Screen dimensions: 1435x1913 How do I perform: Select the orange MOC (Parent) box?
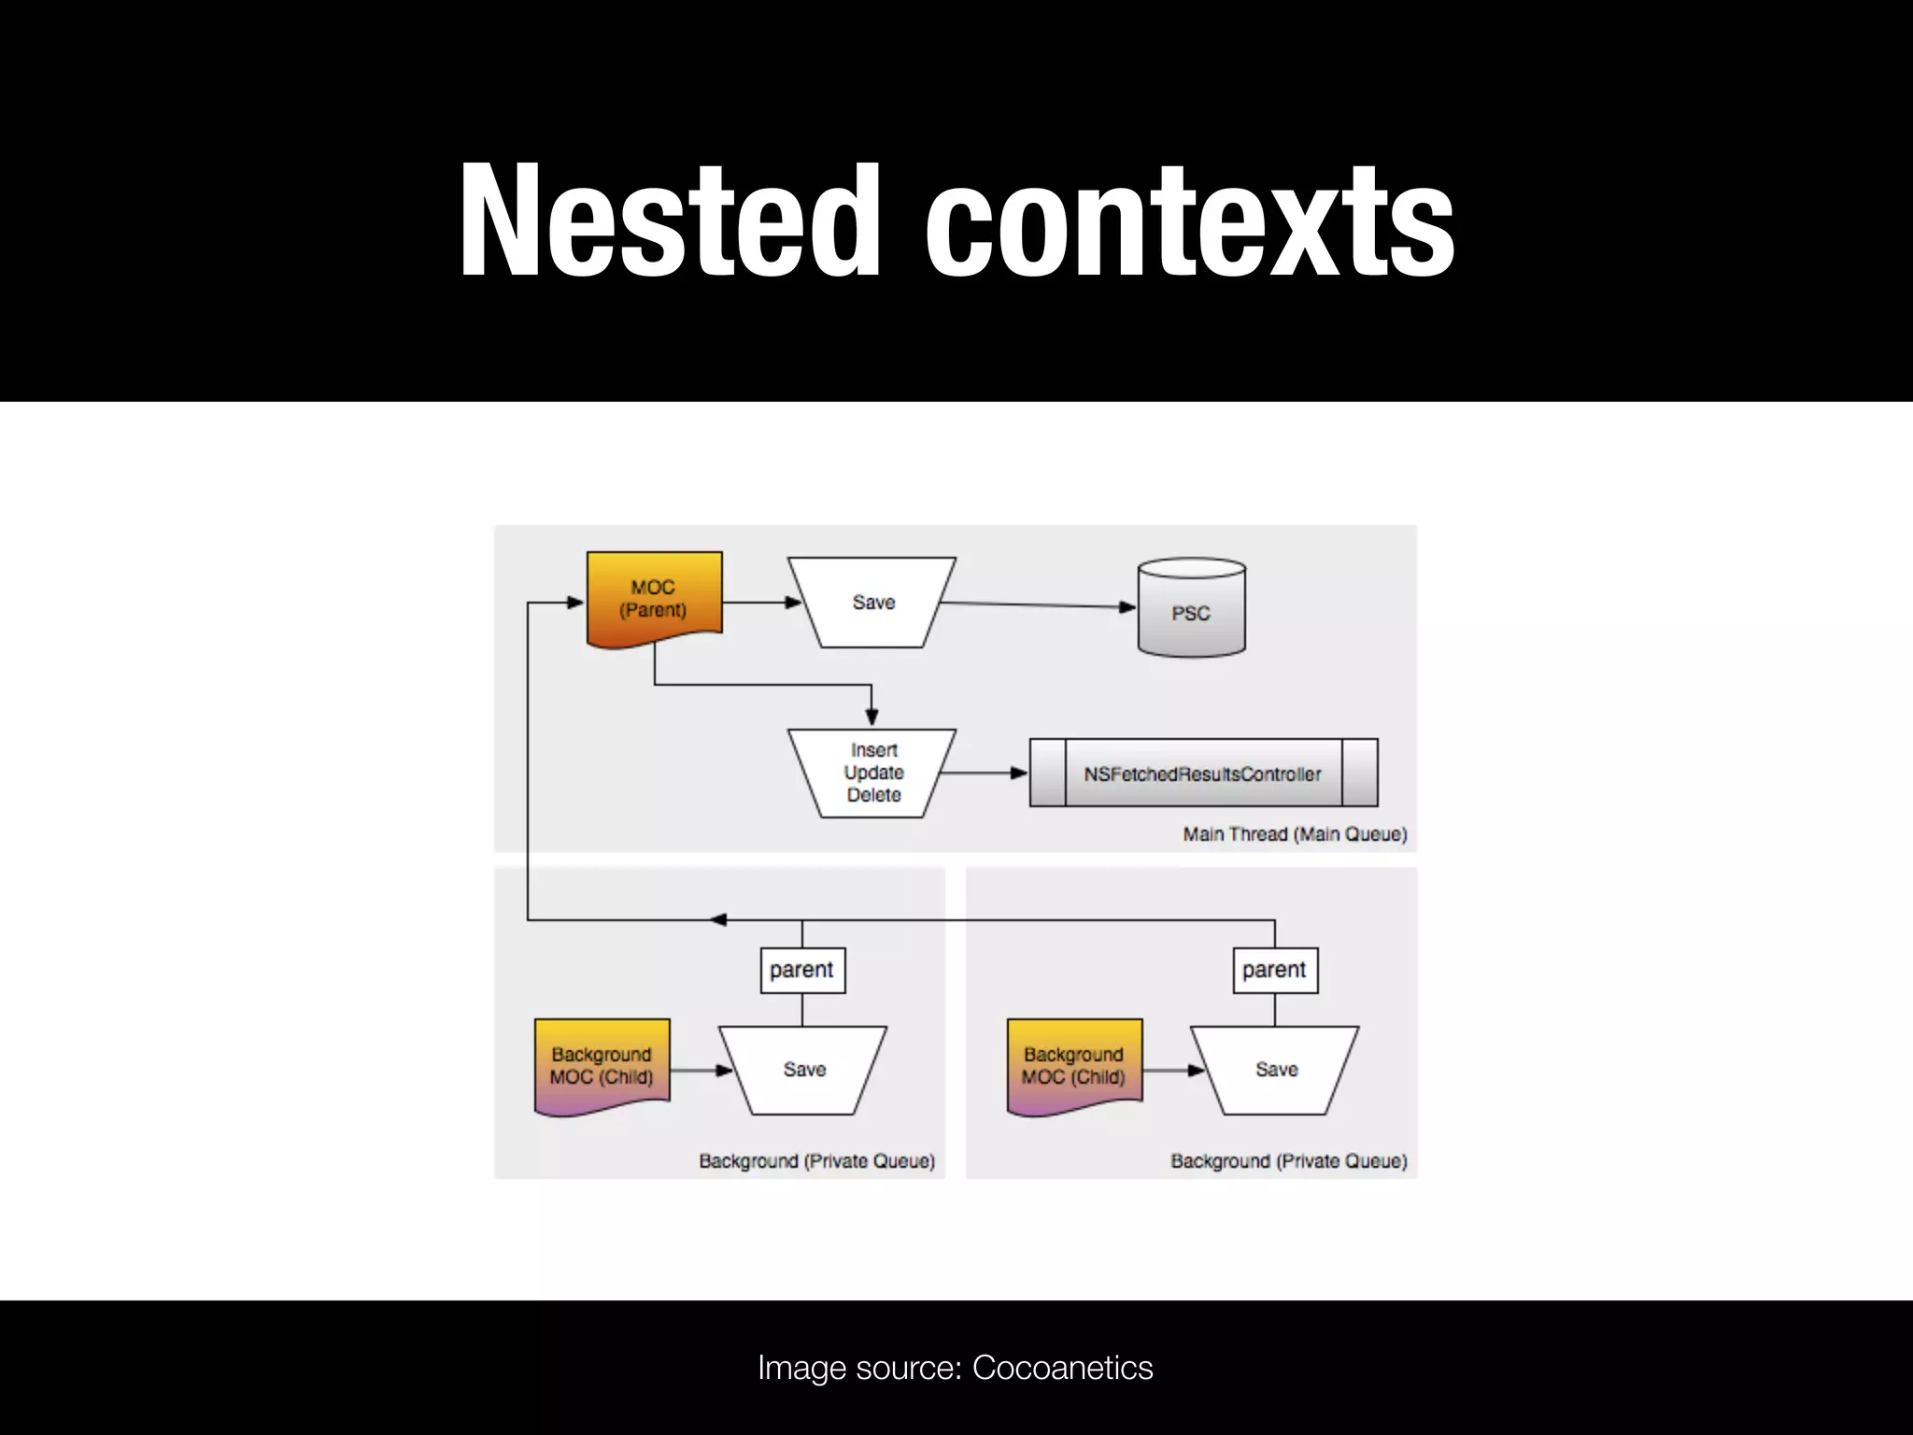[654, 598]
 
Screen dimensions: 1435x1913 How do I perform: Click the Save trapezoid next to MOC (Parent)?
[872, 603]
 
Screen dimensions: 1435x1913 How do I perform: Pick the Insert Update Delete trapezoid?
[872, 773]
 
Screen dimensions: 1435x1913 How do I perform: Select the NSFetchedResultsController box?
[1203, 774]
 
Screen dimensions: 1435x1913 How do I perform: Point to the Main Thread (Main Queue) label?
[1295, 834]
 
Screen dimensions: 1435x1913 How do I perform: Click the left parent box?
[802, 970]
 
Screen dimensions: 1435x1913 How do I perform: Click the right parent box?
[1275, 970]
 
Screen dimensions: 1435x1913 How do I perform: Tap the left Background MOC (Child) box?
[602, 1066]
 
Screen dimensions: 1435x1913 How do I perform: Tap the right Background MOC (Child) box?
[1074, 1066]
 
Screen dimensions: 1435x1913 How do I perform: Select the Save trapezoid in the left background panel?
[804, 1070]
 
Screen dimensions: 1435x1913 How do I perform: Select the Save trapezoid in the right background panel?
[1276, 1070]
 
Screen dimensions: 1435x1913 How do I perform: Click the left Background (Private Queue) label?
[816, 1161]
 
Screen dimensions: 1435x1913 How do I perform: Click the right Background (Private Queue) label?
[1289, 1161]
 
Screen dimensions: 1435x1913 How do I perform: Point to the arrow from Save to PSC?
[1037, 605]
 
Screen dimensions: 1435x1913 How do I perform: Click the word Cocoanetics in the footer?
[1062, 1368]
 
